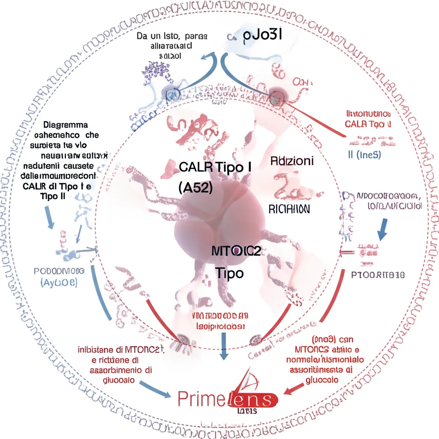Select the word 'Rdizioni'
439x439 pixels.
point(292,161)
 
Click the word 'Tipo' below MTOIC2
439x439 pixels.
point(229,273)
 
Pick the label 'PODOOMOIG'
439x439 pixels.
point(59,271)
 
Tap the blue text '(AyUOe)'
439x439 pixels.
point(58,283)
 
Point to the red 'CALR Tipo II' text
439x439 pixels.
point(368,124)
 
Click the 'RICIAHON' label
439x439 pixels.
point(289,209)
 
